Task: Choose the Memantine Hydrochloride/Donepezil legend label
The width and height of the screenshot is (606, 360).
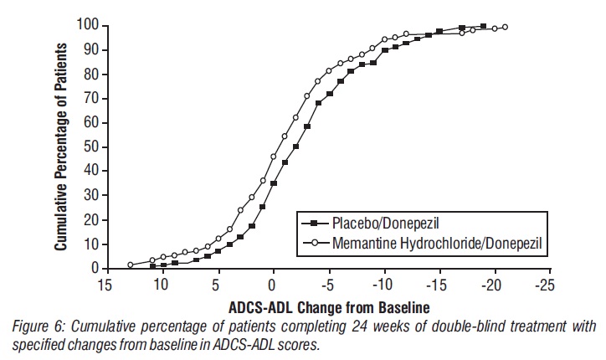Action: [x=433, y=242]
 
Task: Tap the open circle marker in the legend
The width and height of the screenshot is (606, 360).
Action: [x=314, y=242]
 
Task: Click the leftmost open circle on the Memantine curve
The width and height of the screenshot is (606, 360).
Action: [x=131, y=265]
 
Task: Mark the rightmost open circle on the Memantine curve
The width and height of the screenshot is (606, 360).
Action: [x=505, y=27]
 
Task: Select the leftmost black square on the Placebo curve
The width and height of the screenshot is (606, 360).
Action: [x=152, y=266]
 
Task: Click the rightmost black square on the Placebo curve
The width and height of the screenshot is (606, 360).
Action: [x=483, y=26]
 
